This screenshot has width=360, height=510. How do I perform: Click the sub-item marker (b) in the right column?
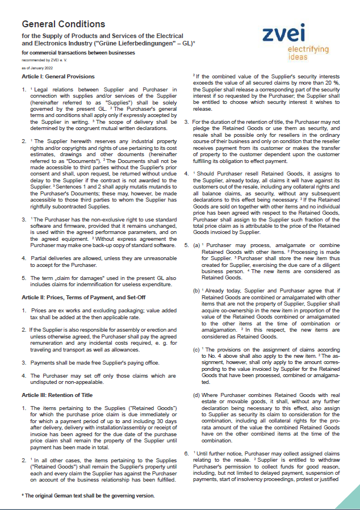(x=196, y=290)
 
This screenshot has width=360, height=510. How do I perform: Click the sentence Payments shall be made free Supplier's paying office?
(x=95, y=362)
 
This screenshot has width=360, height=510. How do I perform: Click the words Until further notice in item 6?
(x=220, y=453)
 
